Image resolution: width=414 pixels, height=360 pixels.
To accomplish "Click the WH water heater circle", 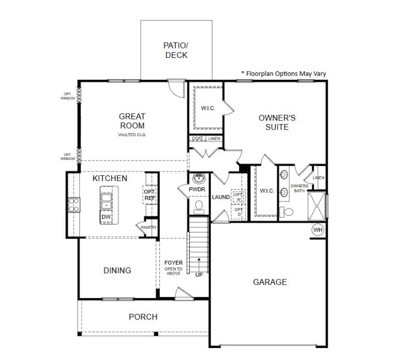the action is coord(318,230).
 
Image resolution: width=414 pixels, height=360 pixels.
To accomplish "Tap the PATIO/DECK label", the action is coord(176,50).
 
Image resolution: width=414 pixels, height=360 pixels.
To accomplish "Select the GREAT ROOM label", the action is coord(132,121).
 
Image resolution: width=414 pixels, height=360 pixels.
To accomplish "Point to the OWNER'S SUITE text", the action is coord(277,123).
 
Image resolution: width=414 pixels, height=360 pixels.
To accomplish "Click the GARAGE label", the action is coord(270,282).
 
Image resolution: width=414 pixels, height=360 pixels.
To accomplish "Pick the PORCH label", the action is coord(143,317).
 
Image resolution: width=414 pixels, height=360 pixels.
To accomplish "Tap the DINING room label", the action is coord(117,271).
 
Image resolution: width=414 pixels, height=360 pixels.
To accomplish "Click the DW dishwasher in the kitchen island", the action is coord(106,217).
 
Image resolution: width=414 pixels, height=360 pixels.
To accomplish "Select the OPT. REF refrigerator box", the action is coord(150,195).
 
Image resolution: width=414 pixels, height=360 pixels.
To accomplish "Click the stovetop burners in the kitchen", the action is coord(74,205).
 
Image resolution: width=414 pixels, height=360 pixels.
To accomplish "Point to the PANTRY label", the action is coord(149,227).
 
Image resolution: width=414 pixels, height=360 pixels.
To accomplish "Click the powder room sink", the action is coord(199,178).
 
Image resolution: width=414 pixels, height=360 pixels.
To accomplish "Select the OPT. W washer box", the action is coord(238,197).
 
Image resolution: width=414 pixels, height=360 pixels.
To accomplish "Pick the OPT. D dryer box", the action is coord(238,212).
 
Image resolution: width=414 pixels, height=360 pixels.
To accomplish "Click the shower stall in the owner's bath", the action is coord(317,206).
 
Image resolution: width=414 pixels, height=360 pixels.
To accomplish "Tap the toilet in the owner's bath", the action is coord(287,212).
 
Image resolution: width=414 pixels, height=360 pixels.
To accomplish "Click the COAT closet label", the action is coord(197,138).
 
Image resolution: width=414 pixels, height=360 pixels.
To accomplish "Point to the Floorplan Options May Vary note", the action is coord(284,73).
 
